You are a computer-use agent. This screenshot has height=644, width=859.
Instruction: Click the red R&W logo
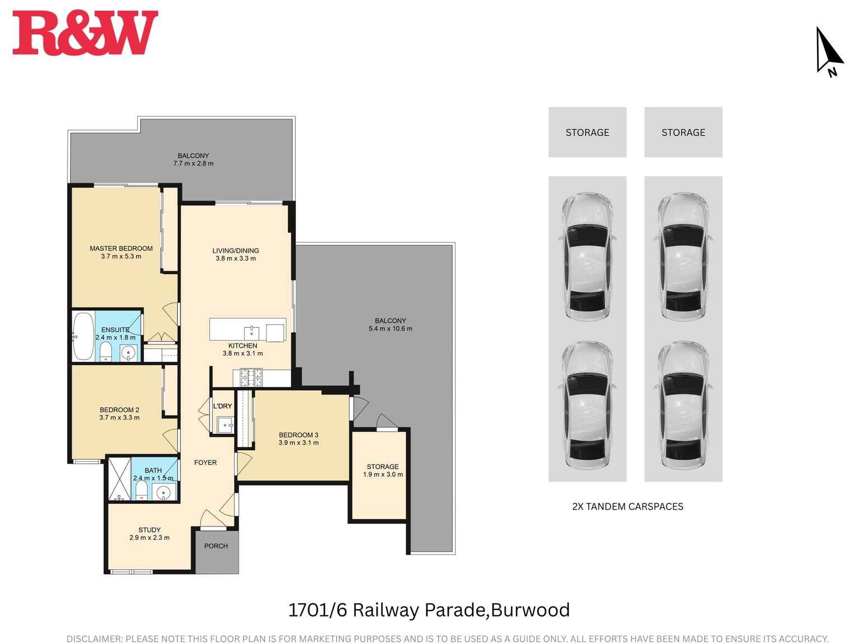click(85, 34)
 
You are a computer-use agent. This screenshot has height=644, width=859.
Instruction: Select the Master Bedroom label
click(121, 249)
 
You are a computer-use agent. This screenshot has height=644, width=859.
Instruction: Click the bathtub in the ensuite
click(83, 337)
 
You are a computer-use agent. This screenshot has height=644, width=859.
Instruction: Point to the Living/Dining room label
click(235, 251)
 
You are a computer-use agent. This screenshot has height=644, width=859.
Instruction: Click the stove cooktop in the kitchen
click(251, 377)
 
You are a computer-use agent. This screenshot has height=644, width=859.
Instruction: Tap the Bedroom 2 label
click(119, 410)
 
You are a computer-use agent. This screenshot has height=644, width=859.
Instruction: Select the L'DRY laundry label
click(222, 406)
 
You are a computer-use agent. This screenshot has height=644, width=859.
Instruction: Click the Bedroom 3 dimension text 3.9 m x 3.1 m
click(298, 443)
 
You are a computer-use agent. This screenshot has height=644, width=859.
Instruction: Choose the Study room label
click(150, 530)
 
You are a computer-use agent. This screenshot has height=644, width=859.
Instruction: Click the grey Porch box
click(216, 551)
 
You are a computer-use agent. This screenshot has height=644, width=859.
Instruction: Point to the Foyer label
click(205, 463)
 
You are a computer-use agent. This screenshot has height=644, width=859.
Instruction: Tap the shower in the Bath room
click(119, 479)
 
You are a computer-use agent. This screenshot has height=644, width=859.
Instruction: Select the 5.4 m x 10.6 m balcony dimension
click(390, 329)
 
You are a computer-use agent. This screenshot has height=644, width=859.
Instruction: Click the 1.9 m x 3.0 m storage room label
click(383, 475)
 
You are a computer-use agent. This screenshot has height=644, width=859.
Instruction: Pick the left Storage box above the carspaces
click(587, 132)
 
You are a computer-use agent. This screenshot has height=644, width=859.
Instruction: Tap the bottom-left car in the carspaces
click(587, 405)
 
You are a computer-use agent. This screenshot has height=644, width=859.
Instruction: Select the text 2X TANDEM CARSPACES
click(628, 506)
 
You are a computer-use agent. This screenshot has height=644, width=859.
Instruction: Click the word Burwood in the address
click(530, 610)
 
